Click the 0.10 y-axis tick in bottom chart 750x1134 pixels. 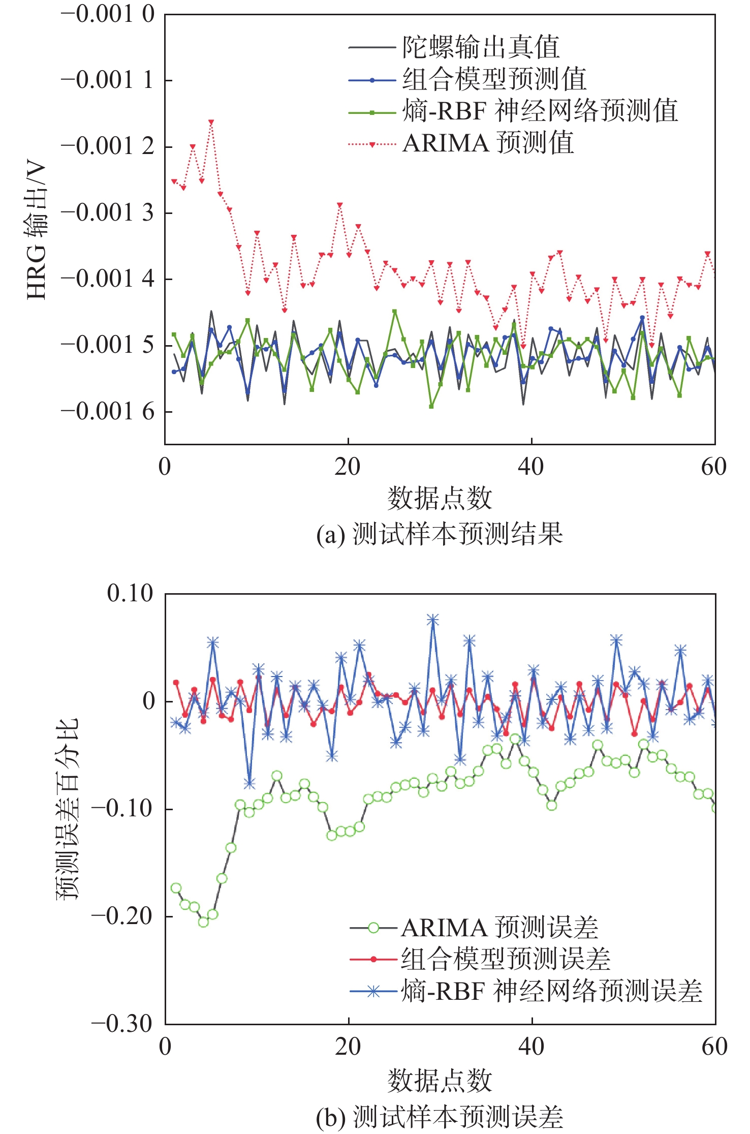point(130,593)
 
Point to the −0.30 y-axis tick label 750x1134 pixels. point(122,1023)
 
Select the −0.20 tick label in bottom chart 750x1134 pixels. point(122,916)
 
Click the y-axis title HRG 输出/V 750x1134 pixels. point(37,231)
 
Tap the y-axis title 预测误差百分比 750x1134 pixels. point(68,808)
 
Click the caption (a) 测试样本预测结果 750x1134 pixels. point(440,535)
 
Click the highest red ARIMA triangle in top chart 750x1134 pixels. point(211,122)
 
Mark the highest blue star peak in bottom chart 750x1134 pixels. point(432,620)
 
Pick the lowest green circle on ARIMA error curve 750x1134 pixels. point(203,922)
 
